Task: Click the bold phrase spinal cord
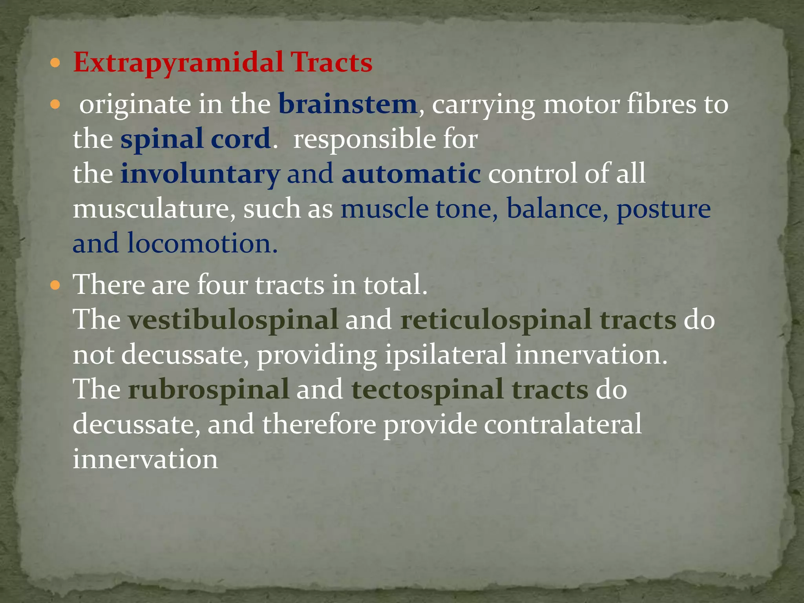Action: click(195, 139)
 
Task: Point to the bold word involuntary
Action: click(200, 174)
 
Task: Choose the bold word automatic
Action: click(411, 174)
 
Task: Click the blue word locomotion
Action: click(202, 243)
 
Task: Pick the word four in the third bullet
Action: click(222, 285)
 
